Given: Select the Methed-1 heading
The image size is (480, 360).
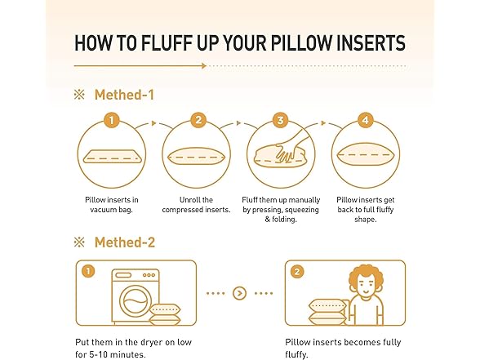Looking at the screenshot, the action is click(124, 95).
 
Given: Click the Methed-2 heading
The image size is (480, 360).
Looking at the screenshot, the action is click(125, 242).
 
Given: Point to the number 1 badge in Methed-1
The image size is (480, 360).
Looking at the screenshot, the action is click(111, 120).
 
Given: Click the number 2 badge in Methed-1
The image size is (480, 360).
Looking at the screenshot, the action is click(198, 120).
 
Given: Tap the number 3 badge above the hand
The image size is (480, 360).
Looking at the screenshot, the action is click(281, 120).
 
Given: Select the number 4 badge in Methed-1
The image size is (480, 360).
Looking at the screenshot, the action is click(366, 120).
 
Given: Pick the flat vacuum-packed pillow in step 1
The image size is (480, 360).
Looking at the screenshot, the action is click(112, 156).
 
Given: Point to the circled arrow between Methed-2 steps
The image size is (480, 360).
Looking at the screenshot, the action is click(239, 293).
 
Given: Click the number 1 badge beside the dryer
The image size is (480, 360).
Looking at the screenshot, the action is click(88, 271).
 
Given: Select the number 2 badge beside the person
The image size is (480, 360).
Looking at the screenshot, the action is click(297, 272).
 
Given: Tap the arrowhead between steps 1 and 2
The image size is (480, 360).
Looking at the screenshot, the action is click(154, 123).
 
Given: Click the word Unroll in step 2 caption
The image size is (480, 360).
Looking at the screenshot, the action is click(188, 200).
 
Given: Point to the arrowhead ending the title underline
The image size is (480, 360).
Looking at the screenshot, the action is click(204, 65).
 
